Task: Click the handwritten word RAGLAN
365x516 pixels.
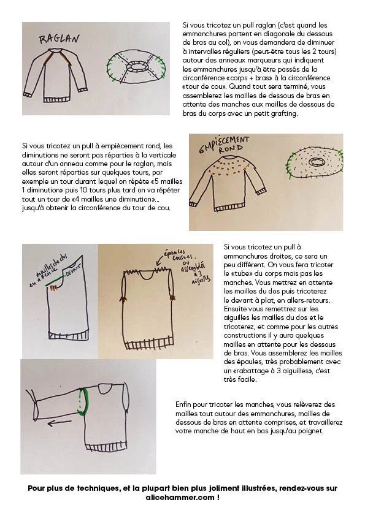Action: pos(60,39)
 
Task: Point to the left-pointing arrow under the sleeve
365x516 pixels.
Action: pos(60,423)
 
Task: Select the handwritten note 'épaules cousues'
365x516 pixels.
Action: pos(180,254)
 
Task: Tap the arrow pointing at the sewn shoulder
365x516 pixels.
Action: pos(160,260)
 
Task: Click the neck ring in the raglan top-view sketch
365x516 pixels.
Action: pos(136,66)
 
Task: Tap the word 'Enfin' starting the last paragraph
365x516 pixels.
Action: pos(183,404)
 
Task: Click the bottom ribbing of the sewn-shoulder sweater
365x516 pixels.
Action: pos(149,344)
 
